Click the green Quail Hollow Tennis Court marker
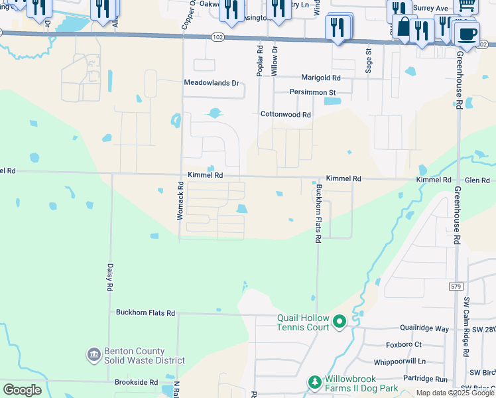(x=340, y=322)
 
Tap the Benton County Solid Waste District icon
(x=93, y=356)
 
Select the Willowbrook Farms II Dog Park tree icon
(x=314, y=382)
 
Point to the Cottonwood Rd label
(x=285, y=115)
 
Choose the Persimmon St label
(x=312, y=92)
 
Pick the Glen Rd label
(x=477, y=180)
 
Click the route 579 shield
(x=453, y=285)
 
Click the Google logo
(x=22, y=390)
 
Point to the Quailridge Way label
(x=424, y=328)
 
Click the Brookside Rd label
(x=135, y=383)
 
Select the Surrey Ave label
(x=431, y=9)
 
